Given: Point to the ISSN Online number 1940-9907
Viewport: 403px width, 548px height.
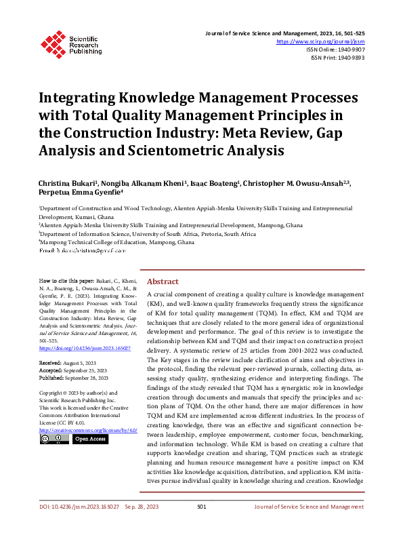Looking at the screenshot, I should [x=349, y=50].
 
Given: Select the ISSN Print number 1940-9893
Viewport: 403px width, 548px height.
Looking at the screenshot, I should [x=349, y=58].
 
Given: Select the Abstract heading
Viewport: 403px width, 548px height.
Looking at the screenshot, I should [x=163, y=281].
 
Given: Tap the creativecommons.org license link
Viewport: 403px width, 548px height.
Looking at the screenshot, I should [x=88, y=430].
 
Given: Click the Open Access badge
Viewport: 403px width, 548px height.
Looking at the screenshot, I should [x=90, y=439].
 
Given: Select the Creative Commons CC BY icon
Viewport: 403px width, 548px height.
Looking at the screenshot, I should [x=54, y=439].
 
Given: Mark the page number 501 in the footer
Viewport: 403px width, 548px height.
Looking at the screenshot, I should [x=201, y=525].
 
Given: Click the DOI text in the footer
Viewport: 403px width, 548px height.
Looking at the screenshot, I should [x=79, y=525].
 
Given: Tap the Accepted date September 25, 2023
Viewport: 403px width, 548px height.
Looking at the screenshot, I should [x=89, y=370].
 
